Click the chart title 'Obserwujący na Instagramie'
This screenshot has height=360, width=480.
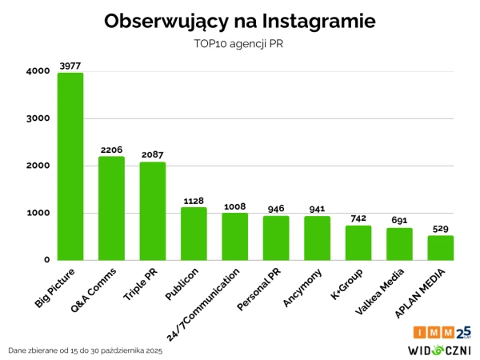click(x=240, y=22)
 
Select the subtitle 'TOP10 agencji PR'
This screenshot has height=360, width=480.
click(x=240, y=44)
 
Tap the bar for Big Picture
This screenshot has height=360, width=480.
click(x=70, y=166)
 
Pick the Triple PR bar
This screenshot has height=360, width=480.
click(x=153, y=211)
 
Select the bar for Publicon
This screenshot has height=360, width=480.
click(x=194, y=234)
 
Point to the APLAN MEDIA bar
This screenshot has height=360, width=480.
click(x=440, y=248)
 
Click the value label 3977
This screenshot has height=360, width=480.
click(x=70, y=66)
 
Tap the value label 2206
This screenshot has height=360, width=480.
click(x=111, y=150)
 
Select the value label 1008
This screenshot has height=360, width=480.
click(x=234, y=206)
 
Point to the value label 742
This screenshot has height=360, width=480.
click(x=358, y=218)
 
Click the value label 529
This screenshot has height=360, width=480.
click(x=440, y=229)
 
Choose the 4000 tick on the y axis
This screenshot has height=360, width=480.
click(x=37, y=71)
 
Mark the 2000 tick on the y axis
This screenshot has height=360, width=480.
click(x=37, y=166)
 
